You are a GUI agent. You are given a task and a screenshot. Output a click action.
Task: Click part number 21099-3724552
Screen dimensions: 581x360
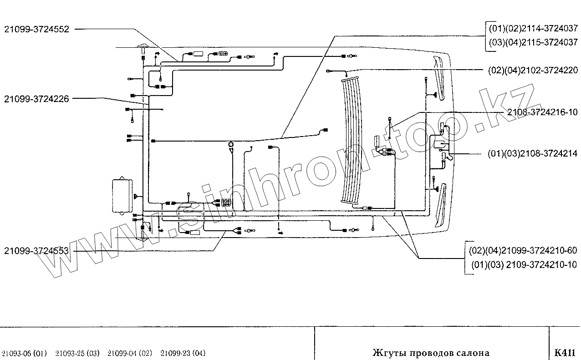tap(36, 29)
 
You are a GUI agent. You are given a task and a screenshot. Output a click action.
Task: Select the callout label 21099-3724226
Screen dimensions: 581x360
tap(36, 98)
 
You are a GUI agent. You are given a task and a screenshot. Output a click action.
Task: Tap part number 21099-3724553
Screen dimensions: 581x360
tap(36, 251)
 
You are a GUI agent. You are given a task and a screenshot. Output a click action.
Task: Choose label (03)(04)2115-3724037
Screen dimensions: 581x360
tap(533, 42)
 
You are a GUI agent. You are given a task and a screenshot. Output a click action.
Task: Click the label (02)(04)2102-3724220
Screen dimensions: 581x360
tap(533, 70)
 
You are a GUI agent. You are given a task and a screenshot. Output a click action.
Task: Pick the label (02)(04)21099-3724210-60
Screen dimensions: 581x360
tap(523, 251)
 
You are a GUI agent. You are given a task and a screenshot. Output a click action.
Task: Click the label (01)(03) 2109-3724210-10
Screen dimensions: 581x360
tap(523, 265)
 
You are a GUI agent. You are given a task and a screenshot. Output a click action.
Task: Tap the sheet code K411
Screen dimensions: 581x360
tap(565, 353)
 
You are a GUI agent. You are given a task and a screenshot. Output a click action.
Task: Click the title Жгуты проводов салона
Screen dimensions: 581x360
tap(431, 353)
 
